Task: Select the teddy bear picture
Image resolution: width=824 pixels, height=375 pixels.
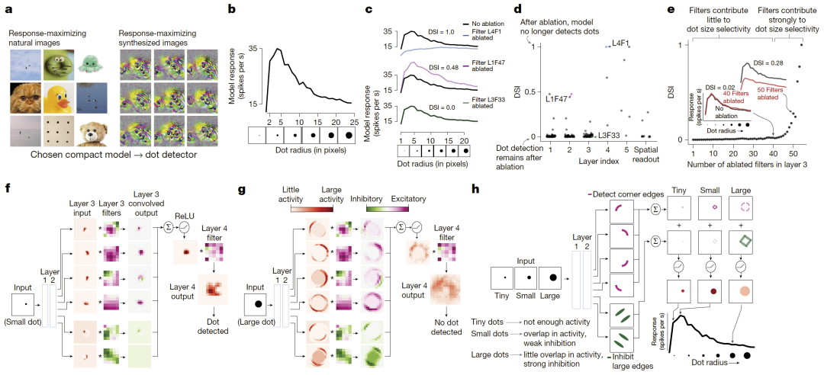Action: [95, 133]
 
